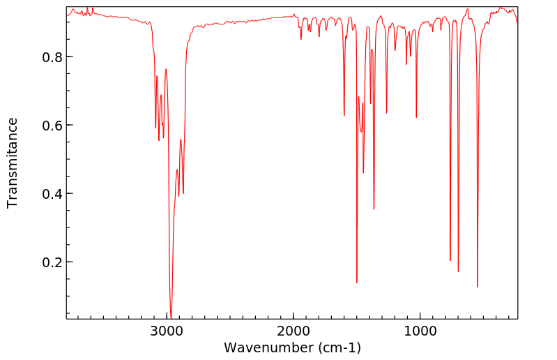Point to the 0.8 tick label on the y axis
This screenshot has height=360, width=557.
tap(47, 57)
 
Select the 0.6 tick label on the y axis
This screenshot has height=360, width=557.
tap(47, 125)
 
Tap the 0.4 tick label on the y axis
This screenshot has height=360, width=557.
tap(47, 193)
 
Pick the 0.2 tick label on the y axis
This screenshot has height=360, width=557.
tap(47, 262)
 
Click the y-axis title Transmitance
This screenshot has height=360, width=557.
tap(13, 163)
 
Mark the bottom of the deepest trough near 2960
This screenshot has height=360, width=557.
tap(171, 317)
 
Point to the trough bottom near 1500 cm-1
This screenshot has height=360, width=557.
tap(357, 283)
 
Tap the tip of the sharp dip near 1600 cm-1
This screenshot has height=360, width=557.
tap(344, 115)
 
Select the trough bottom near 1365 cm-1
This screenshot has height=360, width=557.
tap(374, 209)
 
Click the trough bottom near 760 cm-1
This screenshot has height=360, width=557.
tap(450, 260)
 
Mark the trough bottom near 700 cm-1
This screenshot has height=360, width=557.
tap(458, 271)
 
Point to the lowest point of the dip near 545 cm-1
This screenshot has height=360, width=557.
tap(478, 287)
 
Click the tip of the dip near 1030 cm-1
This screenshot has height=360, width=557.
tap(416, 117)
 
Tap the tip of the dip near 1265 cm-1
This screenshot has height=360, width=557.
tap(386, 114)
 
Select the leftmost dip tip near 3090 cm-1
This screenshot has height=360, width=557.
tap(155, 128)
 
